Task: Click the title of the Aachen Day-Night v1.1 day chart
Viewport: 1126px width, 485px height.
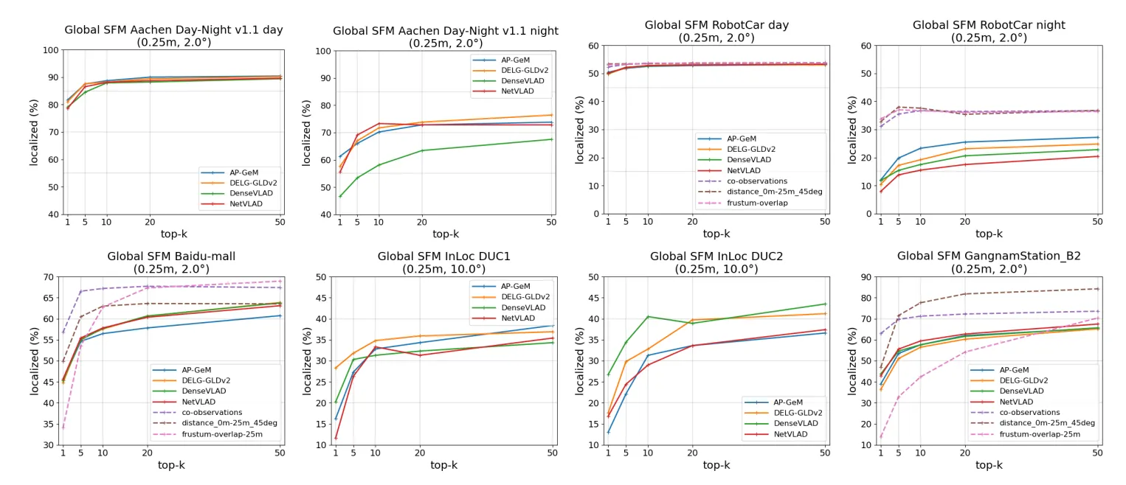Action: [173, 30]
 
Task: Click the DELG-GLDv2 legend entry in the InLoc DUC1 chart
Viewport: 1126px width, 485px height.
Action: [527, 296]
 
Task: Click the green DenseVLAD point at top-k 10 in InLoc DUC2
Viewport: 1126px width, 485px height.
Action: [648, 317]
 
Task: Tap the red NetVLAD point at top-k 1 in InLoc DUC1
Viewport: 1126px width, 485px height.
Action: [336, 438]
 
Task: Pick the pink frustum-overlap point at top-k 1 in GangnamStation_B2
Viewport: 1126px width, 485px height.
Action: [880, 437]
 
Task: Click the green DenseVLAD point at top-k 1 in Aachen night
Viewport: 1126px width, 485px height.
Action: [340, 196]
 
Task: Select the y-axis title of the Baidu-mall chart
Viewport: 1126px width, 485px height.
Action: [35, 360]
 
